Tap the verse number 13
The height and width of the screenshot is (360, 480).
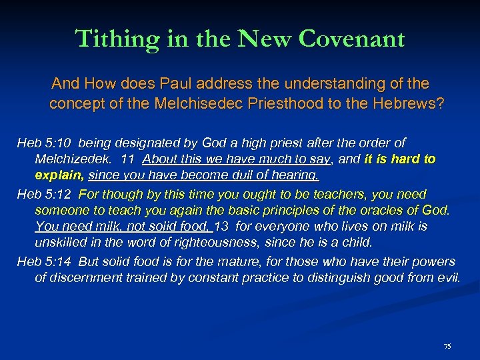[x=222, y=227]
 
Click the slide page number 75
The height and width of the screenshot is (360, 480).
[x=447, y=346]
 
